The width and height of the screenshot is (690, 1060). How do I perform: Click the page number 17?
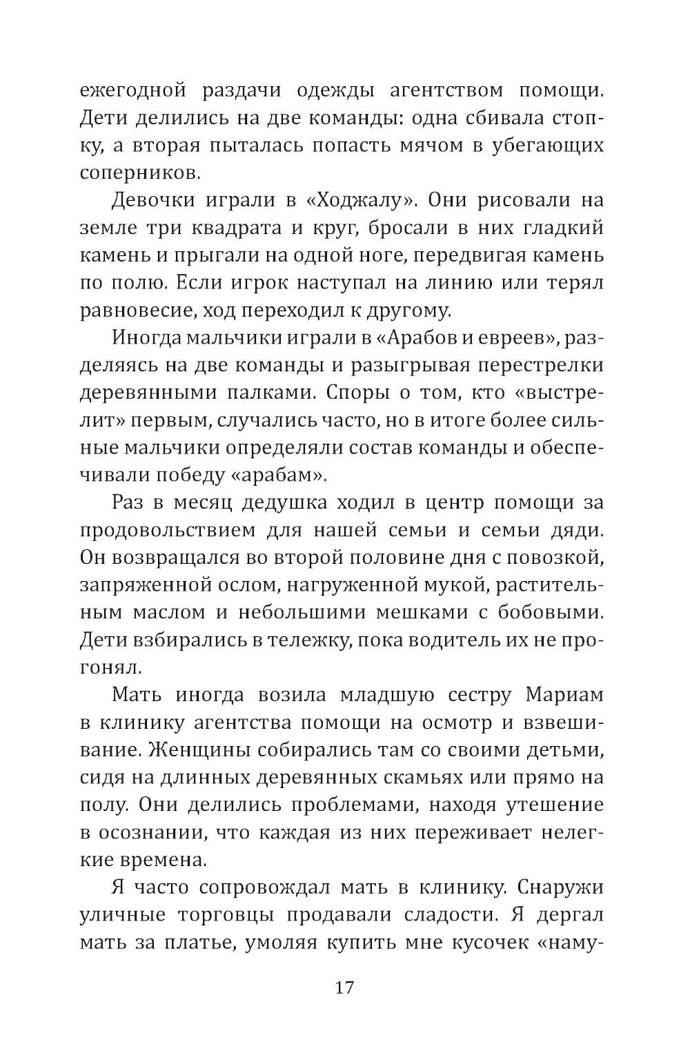[x=344, y=987]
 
